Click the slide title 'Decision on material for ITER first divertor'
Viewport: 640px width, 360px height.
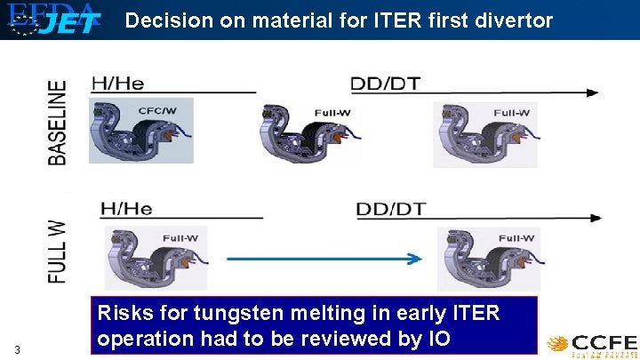[x=339, y=20]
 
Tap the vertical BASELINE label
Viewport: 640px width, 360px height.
[x=57, y=122]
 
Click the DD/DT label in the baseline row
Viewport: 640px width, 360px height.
[x=386, y=84]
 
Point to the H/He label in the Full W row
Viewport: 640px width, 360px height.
[x=126, y=210]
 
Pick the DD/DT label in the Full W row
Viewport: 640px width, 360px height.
[x=391, y=210]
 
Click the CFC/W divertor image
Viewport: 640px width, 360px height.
[x=140, y=131]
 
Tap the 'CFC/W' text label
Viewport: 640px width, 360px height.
[x=156, y=111]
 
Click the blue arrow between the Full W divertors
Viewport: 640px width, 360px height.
[x=324, y=259]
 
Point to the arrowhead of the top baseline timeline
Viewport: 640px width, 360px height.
[x=592, y=92]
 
